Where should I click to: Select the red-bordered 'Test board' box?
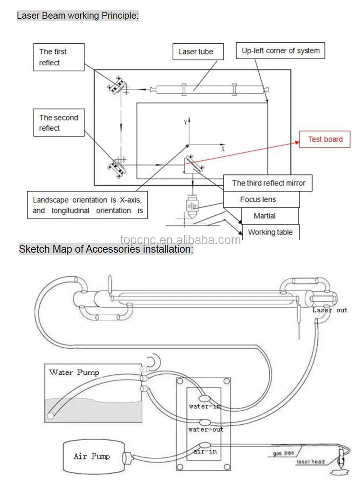tap(325, 139)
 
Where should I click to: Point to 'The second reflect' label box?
tap(59, 123)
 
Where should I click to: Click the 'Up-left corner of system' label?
tap(280, 50)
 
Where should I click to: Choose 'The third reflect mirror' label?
tap(268, 183)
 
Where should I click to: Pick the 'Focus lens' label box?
tap(258, 199)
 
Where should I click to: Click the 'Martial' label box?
tap(264, 216)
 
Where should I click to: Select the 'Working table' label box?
tap(270, 232)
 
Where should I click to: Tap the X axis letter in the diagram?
tap(223, 149)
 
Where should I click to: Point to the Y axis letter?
tap(185, 123)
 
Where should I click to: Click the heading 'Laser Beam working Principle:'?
tap(78, 15)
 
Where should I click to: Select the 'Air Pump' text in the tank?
tap(92, 456)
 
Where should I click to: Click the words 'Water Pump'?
tap(74, 372)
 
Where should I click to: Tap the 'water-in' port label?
tap(205, 406)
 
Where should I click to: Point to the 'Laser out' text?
tap(330, 310)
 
